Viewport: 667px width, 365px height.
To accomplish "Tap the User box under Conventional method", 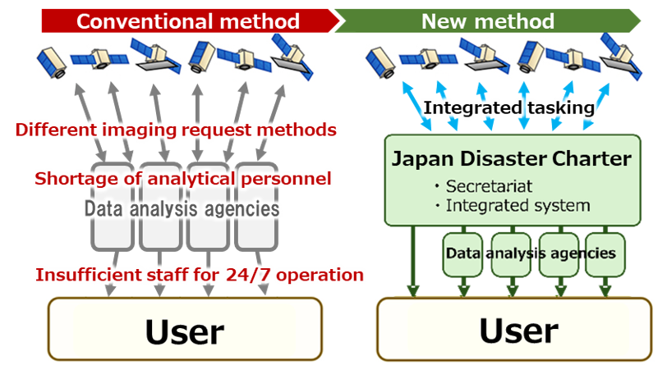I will coord(185,331).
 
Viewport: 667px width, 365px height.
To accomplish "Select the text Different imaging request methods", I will coord(176,130).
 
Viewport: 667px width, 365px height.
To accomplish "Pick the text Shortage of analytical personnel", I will coord(182,179).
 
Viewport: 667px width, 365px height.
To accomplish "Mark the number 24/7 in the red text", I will coord(246,275).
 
